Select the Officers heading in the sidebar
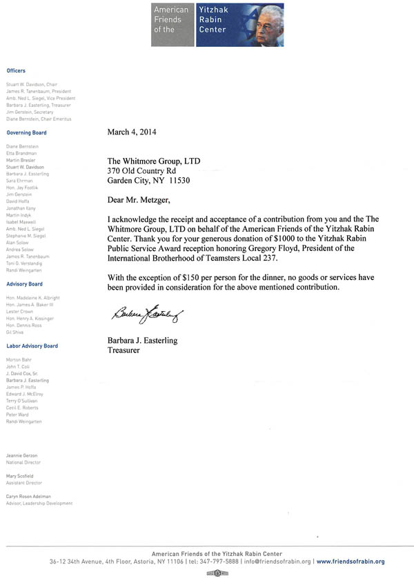click(16, 71)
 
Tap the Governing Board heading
click(27, 132)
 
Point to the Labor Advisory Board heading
click(32, 346)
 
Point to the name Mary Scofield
click(20, 476)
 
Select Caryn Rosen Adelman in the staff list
click(31, 497)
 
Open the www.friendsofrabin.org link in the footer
click(360, 562)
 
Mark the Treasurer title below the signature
click(124, 350)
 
